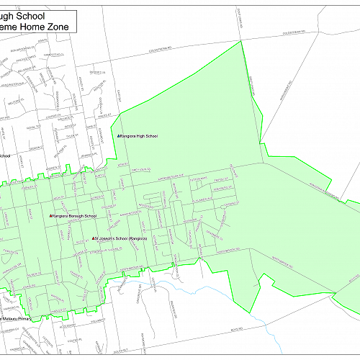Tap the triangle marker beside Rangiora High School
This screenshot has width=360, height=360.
(x=119, y=135)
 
